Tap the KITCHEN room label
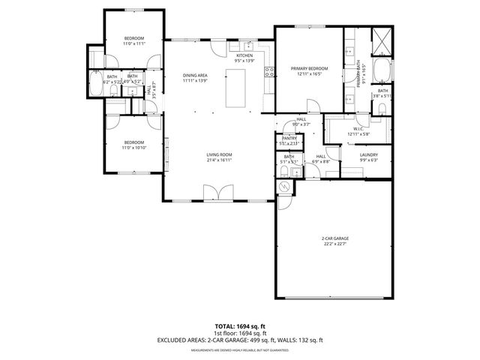pos(244,55)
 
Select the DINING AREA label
pos(195,75)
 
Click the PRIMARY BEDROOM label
pos(310,69)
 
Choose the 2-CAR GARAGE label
pos(335,238)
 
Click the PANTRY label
pos(289,139)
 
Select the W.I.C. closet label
pos(358,128)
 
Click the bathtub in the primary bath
pos(381,72)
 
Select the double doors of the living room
pos(217,193)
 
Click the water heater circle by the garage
pos(285,187)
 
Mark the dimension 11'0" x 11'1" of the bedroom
pos(133,43)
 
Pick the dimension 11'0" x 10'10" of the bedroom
pos(133,147)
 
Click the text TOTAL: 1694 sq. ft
pos(239,326)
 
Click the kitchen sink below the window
pos(244,44)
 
